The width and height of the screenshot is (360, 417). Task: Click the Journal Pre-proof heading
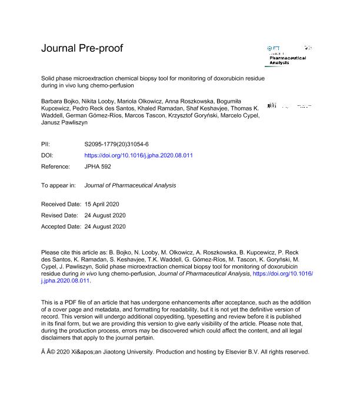(x=82, y=48)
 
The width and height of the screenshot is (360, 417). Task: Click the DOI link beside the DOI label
(x=139, y=156)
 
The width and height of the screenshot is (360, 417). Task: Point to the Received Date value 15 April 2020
(x=106, y=204)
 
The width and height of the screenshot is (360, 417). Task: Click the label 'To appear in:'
(x=58, y=185)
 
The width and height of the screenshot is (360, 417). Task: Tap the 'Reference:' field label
(x=56, y=167)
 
